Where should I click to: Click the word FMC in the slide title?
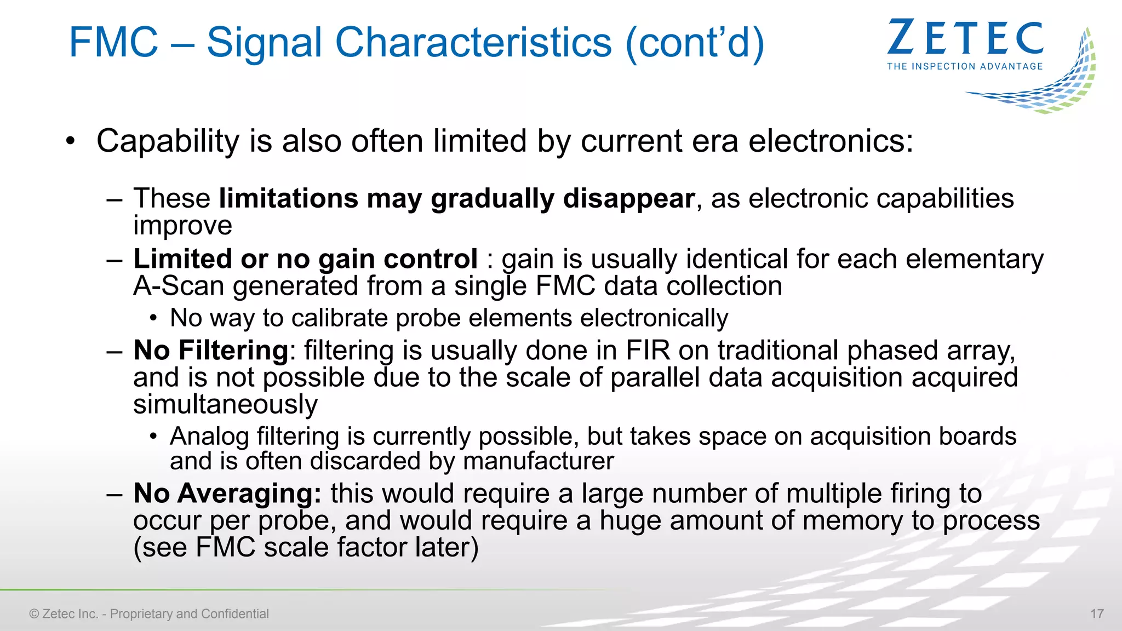(x=113, y=42)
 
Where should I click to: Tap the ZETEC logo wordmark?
(x=965, y=38)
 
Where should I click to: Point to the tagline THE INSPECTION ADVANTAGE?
(x=965, y=66)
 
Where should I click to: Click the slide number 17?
(x=1097, y=613)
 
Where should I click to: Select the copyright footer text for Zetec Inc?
(x=149, y=613)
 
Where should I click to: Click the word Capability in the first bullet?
(x=168, y=141)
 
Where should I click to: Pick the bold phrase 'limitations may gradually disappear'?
(x=456, y=198)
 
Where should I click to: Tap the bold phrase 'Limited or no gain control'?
(x=305, y=259)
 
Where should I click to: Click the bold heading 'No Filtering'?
(x=211, y=351)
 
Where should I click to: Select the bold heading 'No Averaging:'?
(x=227, y=494)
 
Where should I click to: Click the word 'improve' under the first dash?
(x=183, y=226)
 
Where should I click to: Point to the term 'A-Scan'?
(x=179, y=286)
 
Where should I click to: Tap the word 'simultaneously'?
(x=225, y=404)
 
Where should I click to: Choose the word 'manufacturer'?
(x=538, y=461)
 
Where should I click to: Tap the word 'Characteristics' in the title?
(x=473, y=42)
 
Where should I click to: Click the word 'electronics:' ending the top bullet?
(x=831, y=141)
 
